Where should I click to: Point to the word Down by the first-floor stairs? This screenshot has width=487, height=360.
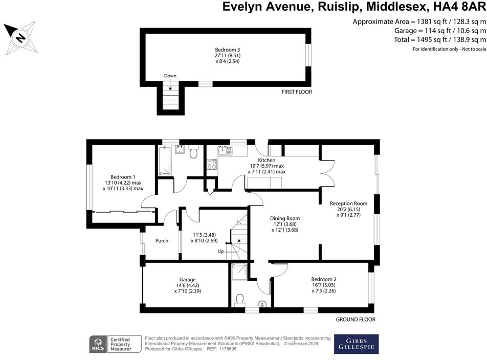click(170, 76)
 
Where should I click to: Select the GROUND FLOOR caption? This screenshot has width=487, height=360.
click(355, 320)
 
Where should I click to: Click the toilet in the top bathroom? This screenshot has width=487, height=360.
click(193, 152)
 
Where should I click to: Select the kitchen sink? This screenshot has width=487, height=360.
click(225, 151)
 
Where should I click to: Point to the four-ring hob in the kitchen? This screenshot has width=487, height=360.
click(212, 165)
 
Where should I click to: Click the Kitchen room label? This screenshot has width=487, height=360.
click(267, 161)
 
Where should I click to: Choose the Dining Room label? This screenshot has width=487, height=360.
click(284, 218)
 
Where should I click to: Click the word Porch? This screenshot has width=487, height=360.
click(162, 241)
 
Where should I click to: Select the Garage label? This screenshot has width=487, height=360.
click(187, 280)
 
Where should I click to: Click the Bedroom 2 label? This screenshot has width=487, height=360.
click(323, 279)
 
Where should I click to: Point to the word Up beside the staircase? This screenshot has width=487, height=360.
click(220, 251)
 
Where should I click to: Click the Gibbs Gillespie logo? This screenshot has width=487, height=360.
click(356, 344)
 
